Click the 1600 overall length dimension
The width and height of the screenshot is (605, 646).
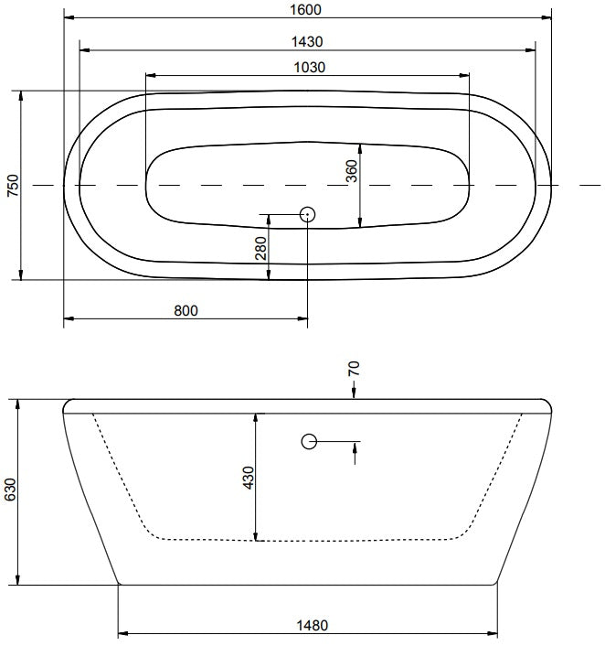[x=305, y=9]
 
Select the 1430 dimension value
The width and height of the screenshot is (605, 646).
[x=307, y=41]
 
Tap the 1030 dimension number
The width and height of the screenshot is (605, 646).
[x=310, y=67]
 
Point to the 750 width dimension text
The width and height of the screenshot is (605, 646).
[x=13, y=186]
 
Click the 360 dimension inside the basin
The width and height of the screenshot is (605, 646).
[x=352, y=171]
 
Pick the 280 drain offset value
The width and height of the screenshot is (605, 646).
[x=261, y=248]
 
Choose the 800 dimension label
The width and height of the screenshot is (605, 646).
[x=186, y=310]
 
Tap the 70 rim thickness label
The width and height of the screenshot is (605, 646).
[x=354, y=368]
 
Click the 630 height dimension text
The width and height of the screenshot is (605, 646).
[x=10, y=490]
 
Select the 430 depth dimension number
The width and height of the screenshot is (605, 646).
[x=249, y=478]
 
